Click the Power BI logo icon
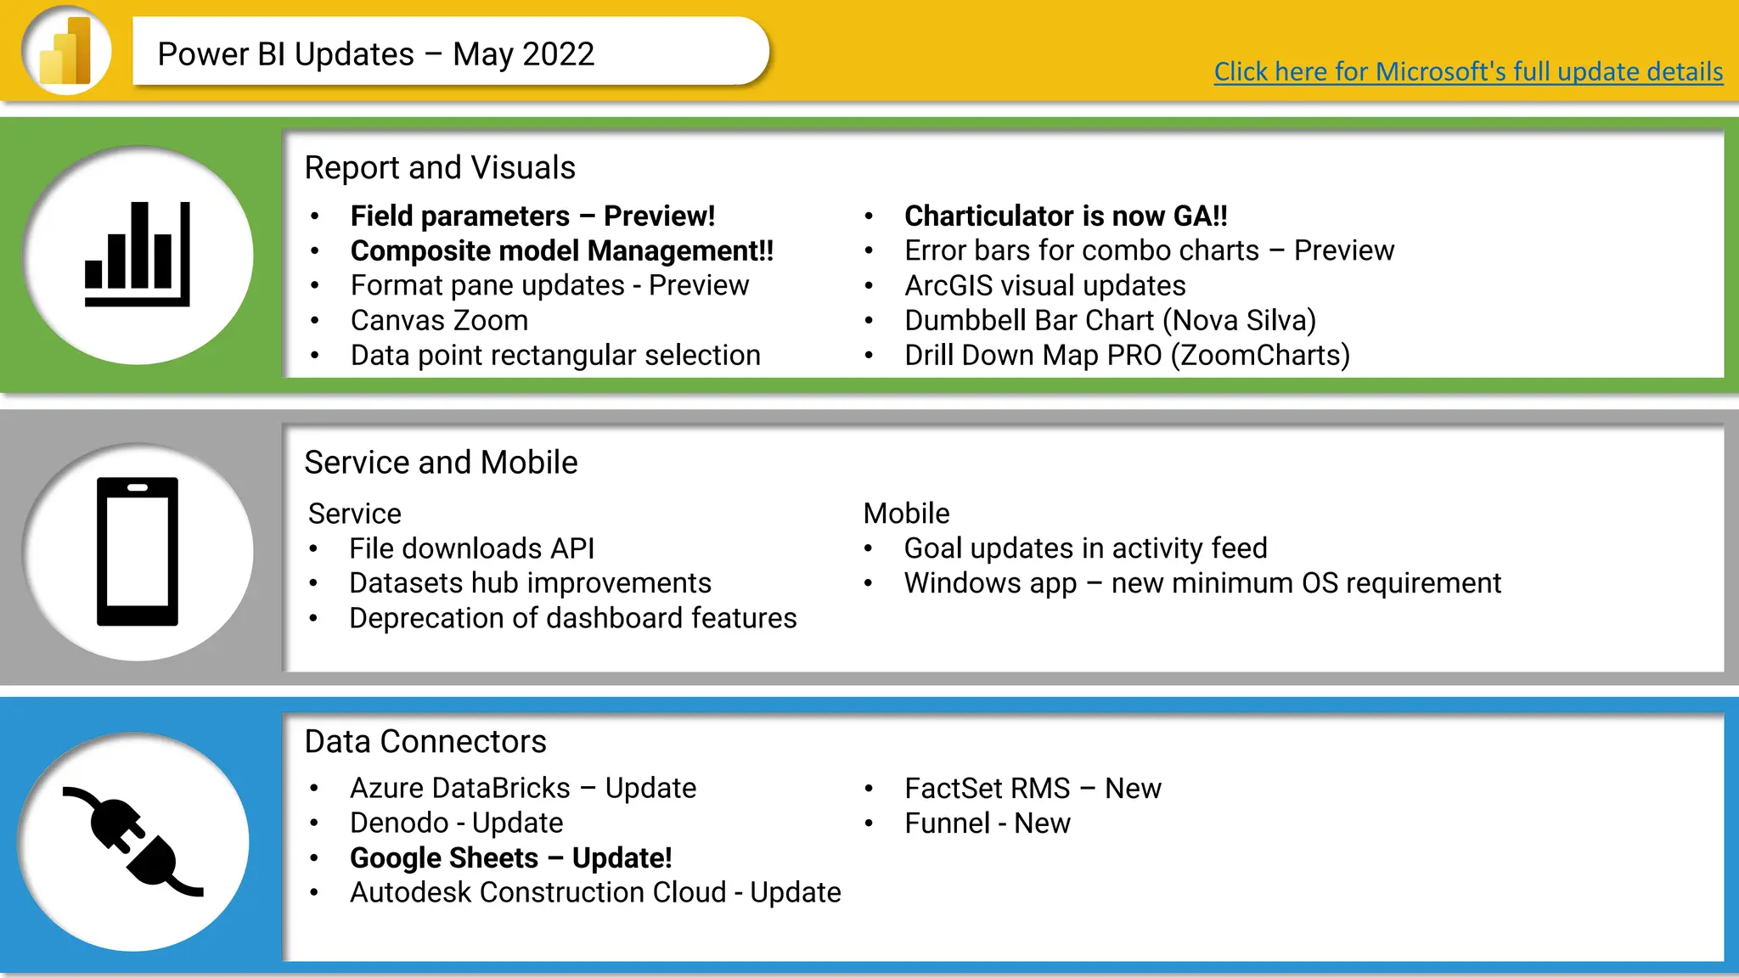(x=66, y=51)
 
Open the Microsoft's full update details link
(x=1467, y=71)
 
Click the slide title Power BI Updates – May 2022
(x=376, y=54)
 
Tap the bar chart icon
(x=138, y=254)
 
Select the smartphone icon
(x=138, y=551)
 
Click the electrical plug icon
(x=134, y=840)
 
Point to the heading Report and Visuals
(x=440, y=168)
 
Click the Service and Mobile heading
(x=441, y=463)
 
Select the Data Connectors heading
(x=425, y=742)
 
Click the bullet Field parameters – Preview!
(x=532, y=216)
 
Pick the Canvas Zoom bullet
(x=439, y=321)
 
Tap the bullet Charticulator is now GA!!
(x=1066, y=216)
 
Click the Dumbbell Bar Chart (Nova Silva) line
(x=1110, y=321)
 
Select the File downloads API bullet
(x=471, y=548)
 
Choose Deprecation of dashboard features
(x=572, y=618)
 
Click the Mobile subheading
(x=906, y=514)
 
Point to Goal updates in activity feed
(x=1085, y=548)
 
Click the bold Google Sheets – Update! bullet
(x=510, y=858)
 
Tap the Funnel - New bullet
(x=987, y=823)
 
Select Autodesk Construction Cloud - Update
(x=595, y=893)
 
